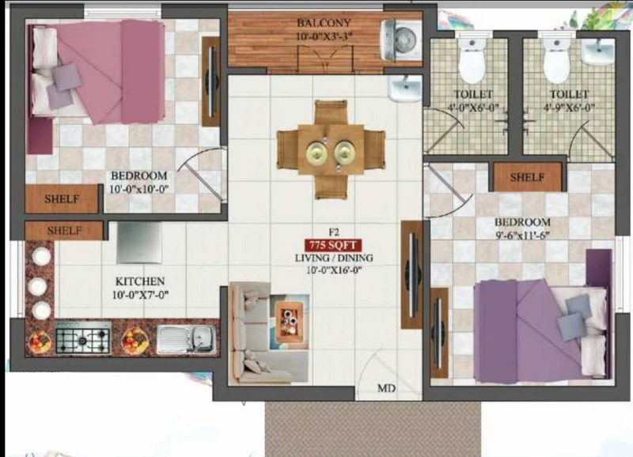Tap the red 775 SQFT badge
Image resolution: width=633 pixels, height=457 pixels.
point(332,245)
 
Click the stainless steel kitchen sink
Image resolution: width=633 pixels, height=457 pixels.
point(186,338)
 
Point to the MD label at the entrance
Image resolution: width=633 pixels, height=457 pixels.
point(386,388)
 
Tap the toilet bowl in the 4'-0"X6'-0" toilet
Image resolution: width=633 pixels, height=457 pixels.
point(472,61)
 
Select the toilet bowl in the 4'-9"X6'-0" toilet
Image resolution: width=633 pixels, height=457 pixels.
point(557,61)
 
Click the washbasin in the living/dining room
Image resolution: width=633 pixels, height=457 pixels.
point(404,89)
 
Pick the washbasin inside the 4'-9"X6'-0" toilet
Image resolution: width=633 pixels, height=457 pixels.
point(598,51)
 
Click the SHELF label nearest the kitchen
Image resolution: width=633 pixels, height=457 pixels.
point(65,231)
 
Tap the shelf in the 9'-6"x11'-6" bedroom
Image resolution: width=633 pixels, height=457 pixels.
point(527,177)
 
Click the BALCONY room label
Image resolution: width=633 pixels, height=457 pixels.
point(324,23)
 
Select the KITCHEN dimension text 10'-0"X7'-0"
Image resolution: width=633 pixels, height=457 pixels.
point(140,295)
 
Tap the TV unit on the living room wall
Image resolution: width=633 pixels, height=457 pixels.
point(411,274)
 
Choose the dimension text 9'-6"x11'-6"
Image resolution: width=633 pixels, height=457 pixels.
point(523,235)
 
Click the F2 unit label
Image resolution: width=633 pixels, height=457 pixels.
point(333,232)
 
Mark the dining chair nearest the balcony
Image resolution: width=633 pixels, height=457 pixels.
point(331,112)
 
